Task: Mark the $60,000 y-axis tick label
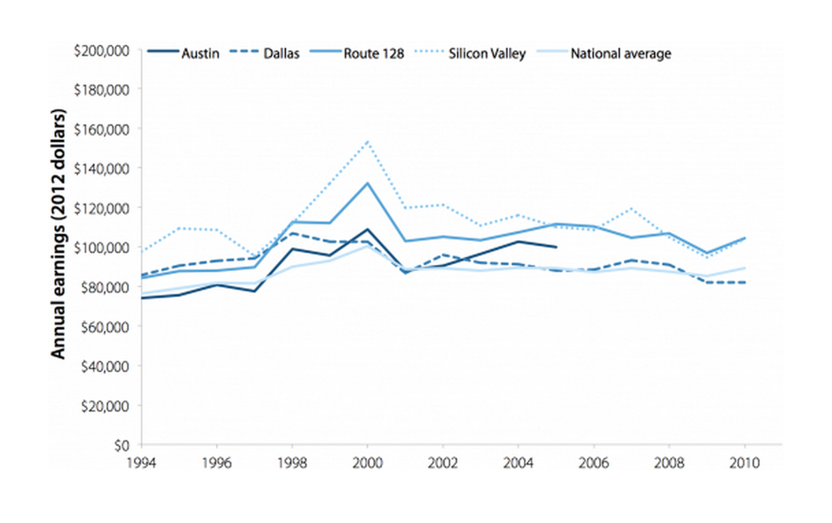(x=104, y=326)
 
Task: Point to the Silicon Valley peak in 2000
(x=367, y=142)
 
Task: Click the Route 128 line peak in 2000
(x=367, y=183)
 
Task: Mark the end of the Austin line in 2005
(x=556, y=247)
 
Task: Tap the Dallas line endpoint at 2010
(x=744, y=282)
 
